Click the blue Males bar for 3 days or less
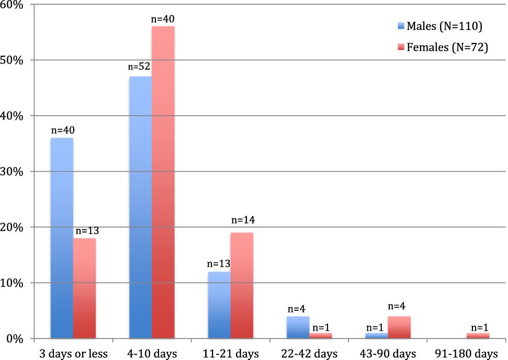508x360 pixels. pos(62,238)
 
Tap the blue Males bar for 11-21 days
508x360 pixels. pos(219,305)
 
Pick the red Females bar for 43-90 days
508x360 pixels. pos(399,328)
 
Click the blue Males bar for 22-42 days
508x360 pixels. pos(298,328)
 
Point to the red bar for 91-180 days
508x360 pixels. pos(478,336)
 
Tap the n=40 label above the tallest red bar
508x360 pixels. pos(163,18)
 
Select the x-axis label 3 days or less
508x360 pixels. pos(74,353)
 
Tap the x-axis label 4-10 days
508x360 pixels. pos(152,353)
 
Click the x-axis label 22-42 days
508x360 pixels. pos(309,353)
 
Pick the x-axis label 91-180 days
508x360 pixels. pos(467,353)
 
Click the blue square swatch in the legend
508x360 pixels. pos(401,26)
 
